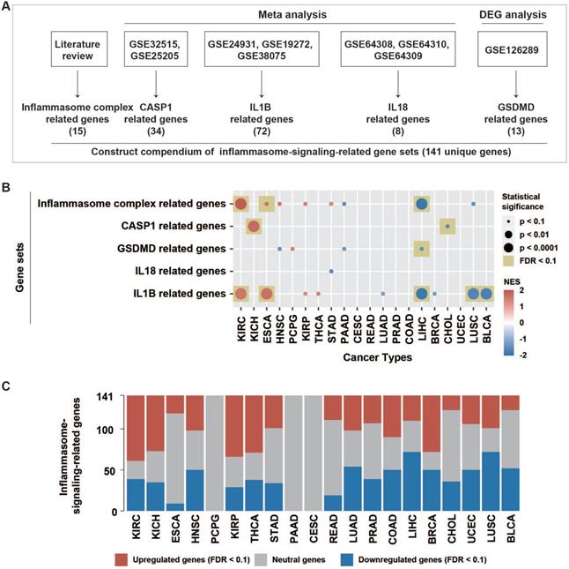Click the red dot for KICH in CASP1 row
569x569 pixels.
(x=253, y=227)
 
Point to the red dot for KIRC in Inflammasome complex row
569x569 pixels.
(x=240, y=205)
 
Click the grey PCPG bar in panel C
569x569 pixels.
(x=212, y=453)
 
